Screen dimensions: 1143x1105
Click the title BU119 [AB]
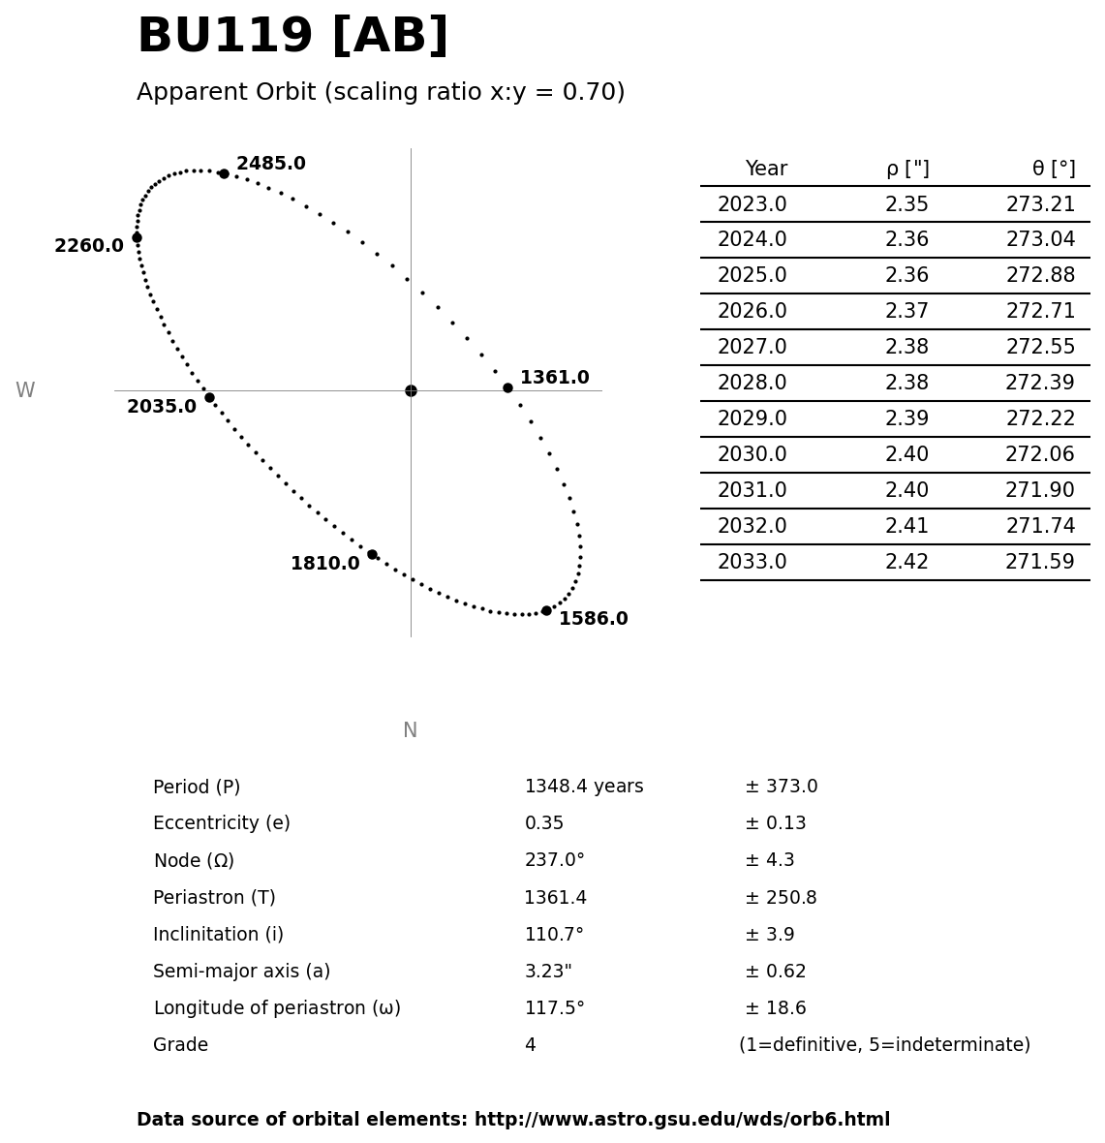[292, 37]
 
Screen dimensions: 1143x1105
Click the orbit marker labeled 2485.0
[224, 173]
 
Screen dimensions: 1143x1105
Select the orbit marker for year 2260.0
[137, 237]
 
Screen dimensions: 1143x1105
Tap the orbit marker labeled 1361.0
[507, 387]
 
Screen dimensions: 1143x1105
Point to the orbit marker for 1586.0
[546, 610]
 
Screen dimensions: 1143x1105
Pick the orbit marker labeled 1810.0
[372, 554]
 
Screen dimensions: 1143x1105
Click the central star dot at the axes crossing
[411, 390]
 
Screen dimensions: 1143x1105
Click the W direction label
[25, 390]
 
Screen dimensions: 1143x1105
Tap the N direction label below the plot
[410, 730]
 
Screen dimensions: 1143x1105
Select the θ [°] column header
[1053, 169]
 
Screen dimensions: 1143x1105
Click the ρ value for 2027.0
[906, 347]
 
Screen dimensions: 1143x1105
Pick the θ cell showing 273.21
[1040, 204]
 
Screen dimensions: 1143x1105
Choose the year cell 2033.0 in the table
[752, 562]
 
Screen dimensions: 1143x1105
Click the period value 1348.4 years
[583, 787]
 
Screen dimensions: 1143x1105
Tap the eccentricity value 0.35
[543, 823]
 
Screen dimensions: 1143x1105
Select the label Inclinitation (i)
[218, 935]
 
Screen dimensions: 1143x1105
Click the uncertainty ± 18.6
[775, 1008]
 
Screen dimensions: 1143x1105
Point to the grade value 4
[530, 1045]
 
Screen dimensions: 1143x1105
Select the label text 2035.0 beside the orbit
[162, 407]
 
